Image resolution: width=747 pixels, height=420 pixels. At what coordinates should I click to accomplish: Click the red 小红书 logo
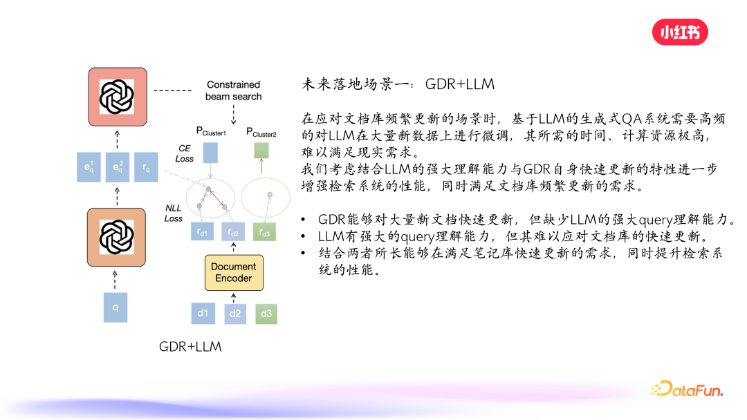coord(680,32)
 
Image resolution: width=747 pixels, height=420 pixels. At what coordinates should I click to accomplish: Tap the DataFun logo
coord(686,390)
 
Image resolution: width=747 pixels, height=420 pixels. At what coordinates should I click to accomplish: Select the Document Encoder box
coord(233,272)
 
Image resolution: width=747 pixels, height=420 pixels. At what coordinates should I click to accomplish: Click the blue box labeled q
coord(116,307)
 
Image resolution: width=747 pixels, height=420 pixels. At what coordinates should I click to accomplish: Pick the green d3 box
coord(266,314)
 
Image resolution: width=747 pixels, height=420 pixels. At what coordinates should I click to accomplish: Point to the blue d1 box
coord(203,314)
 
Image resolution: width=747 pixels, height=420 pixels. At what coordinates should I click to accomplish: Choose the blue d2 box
coord(234,314)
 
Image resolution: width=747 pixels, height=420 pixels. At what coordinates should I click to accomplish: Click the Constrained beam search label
coord(233,90)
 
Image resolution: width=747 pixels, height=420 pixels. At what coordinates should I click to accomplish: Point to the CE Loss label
coord(185,153)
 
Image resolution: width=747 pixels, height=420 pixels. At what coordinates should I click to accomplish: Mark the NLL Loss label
coord(174,213)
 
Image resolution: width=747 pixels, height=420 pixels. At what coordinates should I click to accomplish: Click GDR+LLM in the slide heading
coord(460,84)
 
